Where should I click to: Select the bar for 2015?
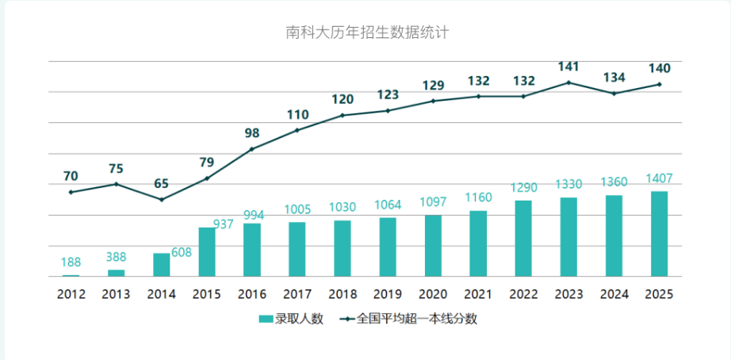tap(207, 252)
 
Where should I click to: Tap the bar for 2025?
tap(659, 234)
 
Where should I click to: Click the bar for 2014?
tap(162, 265)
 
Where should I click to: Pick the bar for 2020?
tap(433, 246)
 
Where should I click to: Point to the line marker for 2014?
tap(162, 199)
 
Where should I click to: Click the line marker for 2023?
tap(568, 82)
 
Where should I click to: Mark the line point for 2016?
tap(252, 149)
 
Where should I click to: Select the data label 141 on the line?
tap(568, 67)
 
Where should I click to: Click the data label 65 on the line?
tap(162, 183)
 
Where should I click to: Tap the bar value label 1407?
tap(659, 178)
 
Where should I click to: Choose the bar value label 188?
tap(71, 262)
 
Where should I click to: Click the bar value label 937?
tap(223, 224)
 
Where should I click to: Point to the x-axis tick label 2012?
tap(71, 293)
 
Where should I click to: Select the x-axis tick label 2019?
tap(388, 293)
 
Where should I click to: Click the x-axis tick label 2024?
tap(614, 293)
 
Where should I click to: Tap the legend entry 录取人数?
tap(291, 320)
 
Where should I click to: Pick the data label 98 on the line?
tap(252, 133)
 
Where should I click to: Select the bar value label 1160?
tap(478, 196)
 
